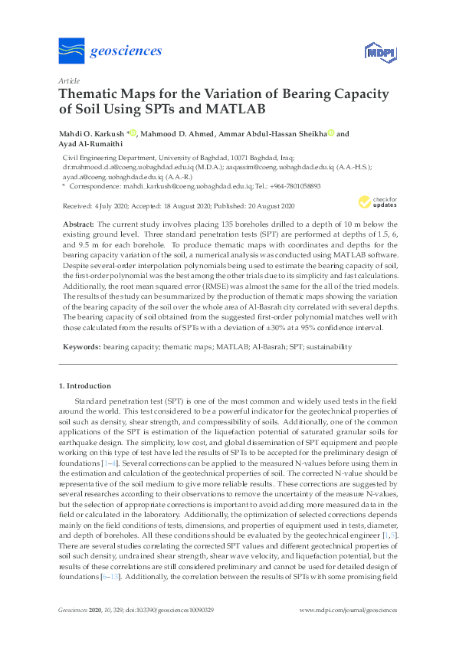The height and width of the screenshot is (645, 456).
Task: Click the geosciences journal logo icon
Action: [71, 51]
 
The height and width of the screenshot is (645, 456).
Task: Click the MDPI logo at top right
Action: [381, 53]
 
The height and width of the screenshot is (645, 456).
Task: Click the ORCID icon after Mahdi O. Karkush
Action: [133, 134]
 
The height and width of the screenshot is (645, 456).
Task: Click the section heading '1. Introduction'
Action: [84, 385]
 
